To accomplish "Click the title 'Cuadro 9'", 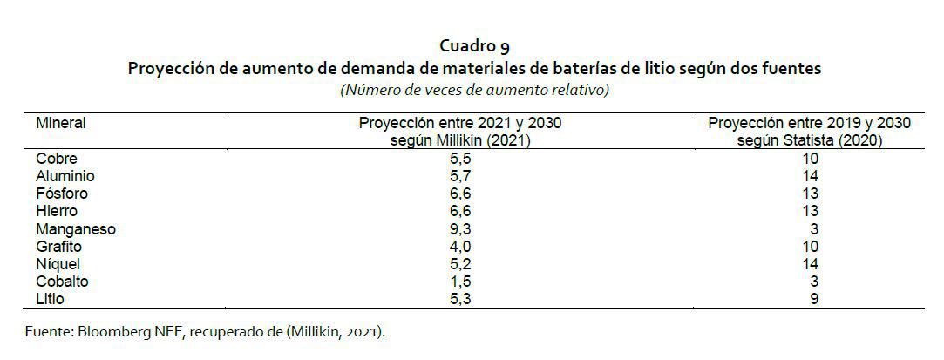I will [474, 46].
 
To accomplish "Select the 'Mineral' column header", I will [60, 123].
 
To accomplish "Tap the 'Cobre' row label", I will [57, 159].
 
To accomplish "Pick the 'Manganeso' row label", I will [76, 229].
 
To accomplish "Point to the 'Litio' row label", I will [51, 299].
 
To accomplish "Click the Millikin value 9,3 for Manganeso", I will [460, 229].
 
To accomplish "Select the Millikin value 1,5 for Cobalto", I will [460, 282].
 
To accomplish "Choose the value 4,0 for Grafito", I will [460, 247].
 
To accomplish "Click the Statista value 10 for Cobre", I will [810, 159].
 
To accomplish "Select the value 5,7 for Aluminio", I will [460, 176].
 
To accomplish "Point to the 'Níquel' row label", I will [58, 264].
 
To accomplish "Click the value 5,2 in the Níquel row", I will [460, 264].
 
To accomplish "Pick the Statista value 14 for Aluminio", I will [810, 176].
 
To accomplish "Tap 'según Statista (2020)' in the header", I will [810, 140].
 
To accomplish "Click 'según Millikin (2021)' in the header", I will [460, 140].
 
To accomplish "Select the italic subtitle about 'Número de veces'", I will [474, 89].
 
